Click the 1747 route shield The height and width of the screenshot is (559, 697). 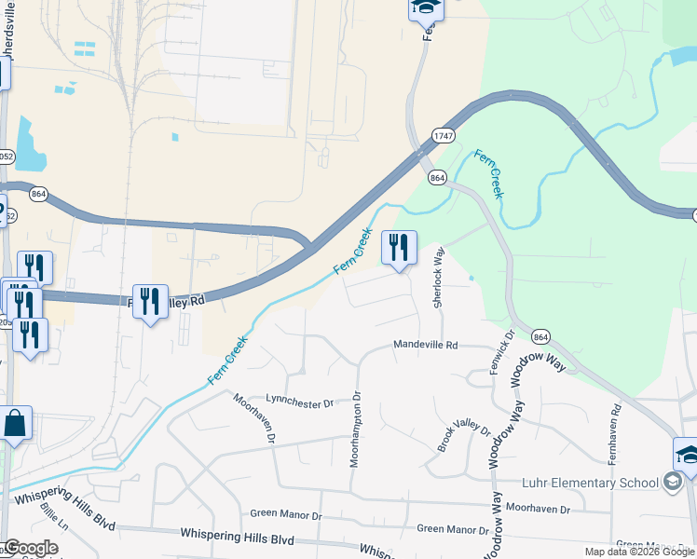(x=443, y=136)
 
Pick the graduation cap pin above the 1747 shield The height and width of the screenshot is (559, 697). (x=426, y=9)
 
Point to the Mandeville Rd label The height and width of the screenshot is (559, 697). (x=426, y=345)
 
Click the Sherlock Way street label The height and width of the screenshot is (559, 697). (x=436, y=278)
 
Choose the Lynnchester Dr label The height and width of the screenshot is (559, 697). (x=299, y=403)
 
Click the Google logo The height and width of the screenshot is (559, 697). (x=31, y=547)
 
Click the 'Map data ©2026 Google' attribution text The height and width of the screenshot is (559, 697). (x=639, y=552)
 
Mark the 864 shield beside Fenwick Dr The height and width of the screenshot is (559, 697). (x=540, y=335)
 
